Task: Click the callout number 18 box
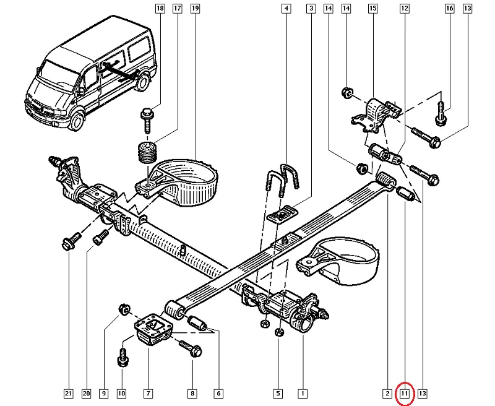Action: pos(160,9)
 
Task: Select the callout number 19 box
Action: pos(195,9)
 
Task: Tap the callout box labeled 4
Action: pos(286,9)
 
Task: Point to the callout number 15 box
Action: pos(372,9)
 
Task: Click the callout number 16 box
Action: pos(449,9)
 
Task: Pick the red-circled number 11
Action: pos(405,393)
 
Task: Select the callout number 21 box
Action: pos(69,393)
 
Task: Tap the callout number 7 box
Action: pos(148,393)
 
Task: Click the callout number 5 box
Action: pos(278,393)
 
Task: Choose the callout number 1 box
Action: pos(303,393)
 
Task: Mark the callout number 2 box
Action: pos(387,393)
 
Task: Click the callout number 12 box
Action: pos(405,9)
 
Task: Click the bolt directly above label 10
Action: pos(122,355)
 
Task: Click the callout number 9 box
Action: pos(103,393)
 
